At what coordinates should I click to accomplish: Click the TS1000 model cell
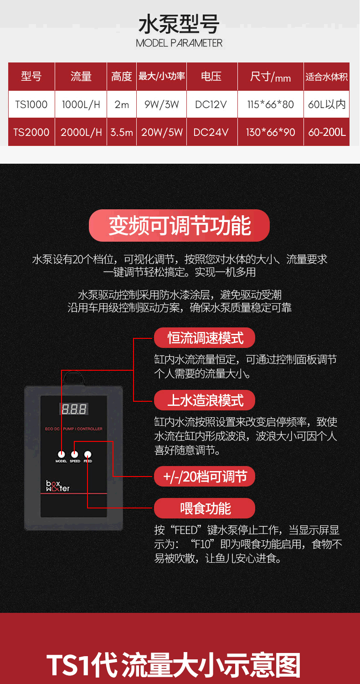(x=31, y=104)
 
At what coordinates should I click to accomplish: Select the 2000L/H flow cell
(x=81, y=133)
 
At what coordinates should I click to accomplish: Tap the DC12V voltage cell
(x=211, y=104)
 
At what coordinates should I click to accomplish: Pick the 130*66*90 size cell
(x=270, y=133)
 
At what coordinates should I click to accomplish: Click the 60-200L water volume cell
(x=327, y=133)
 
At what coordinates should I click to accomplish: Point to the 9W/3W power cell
(x=162, y=104)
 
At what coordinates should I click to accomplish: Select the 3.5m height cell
(x=122, y=133)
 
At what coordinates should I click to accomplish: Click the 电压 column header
(x=211, y=76)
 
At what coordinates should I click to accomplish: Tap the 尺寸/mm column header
(x=270, y=76)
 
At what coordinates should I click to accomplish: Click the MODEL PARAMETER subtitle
(x=180, y=43)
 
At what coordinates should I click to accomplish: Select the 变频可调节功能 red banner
(x=180, y=226)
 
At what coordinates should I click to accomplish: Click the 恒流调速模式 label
(x=205, y=338)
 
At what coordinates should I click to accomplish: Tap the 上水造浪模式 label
(x=205, y=400)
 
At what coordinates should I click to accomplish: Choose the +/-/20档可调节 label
(x=205, y=477)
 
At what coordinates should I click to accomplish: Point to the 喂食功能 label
(x=205, y=508)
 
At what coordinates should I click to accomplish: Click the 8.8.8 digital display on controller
(x=74, y=409)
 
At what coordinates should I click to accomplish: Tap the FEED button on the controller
(x=87, y=454)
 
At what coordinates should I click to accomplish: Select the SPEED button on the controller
(x=75, y=454)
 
